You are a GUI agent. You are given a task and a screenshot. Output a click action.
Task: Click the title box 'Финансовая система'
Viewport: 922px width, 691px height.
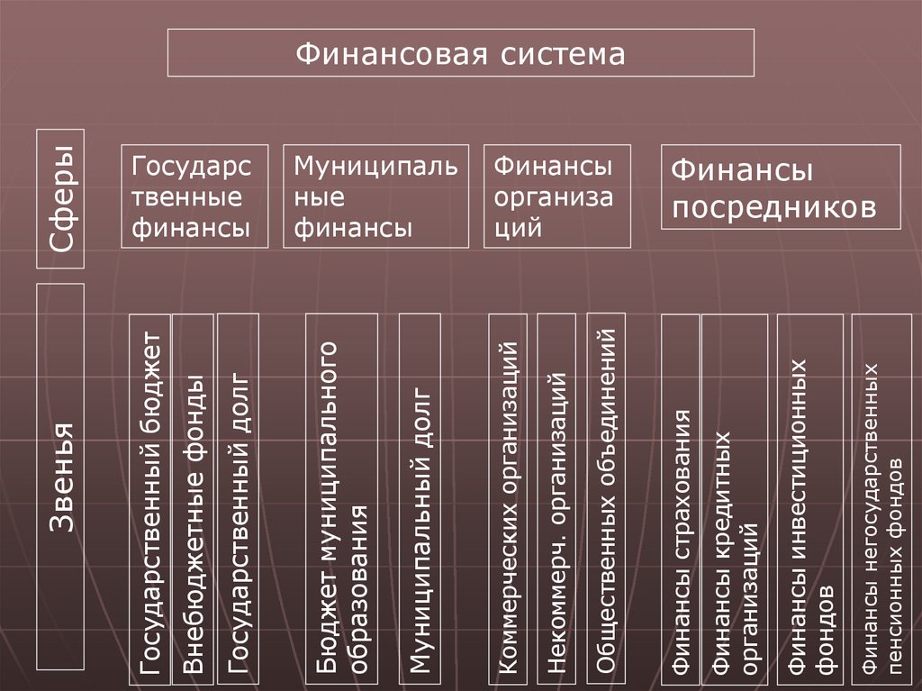(x=461, y=52)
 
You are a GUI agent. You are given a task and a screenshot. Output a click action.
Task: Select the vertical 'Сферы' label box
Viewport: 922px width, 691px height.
(x=60, y=198)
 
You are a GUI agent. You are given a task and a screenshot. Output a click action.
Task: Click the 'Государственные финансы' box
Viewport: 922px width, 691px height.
(x=195, y=195)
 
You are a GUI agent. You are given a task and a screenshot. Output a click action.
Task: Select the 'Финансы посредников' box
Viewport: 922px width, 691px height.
(x=780, y=186)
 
